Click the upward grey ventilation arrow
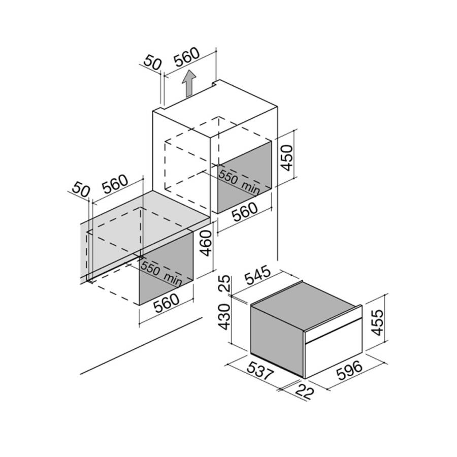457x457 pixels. [188, 83]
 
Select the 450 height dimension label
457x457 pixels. [286, 158]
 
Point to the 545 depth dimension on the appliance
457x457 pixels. [257, 275]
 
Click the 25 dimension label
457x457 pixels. [224, 283]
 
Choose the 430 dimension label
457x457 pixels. [224, 317]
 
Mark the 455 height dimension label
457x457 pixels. [378, 322]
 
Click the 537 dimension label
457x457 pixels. [260, 370]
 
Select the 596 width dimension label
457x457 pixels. [349, 371]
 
